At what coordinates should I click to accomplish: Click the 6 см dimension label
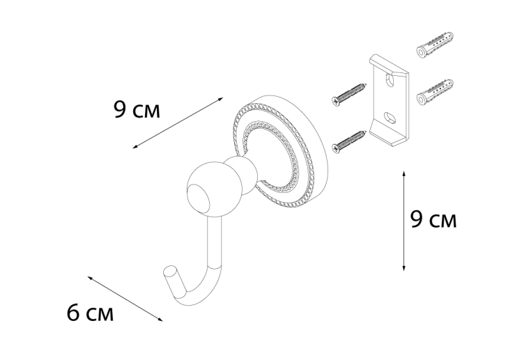pos(90,313)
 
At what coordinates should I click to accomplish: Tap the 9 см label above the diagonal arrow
pos(137,109)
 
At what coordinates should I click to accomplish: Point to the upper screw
pos(349,95)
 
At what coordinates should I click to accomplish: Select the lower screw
pos(349,142)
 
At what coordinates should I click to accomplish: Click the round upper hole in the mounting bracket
pos(390,81)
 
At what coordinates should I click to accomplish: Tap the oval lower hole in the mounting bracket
pos(390,118)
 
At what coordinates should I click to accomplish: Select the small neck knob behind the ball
pos(240,175)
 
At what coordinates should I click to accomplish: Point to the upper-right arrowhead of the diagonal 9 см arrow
pos(221,98)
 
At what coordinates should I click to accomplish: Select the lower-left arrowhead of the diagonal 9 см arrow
pos(134,147)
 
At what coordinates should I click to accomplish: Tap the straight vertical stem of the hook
pos(215,242)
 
